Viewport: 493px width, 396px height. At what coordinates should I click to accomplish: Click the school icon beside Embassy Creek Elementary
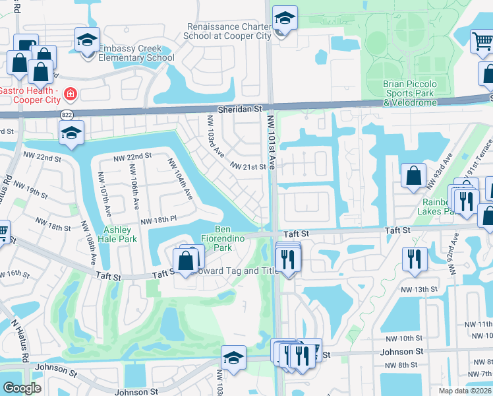(x=87, y=41)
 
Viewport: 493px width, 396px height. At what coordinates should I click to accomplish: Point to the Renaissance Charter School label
(x=229, y=32)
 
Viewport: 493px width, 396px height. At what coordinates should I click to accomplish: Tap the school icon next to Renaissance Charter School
(x=285, y=19)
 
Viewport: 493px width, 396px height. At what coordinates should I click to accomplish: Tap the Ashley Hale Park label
(x=119, y=234)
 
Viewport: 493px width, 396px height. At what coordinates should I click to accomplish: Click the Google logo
(x=22, y=387)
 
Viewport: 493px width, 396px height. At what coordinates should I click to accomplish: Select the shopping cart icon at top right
(x=482, y=42)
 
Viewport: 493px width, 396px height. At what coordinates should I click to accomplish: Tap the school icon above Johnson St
(x=233, y=358)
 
